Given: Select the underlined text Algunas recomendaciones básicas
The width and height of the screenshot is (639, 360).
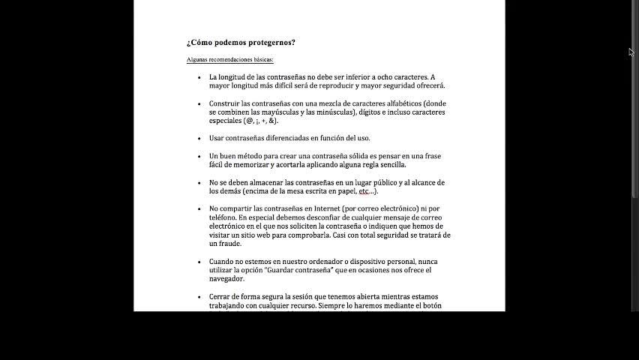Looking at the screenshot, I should (230, 59).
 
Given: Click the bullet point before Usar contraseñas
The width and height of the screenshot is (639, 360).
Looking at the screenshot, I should (199, 138).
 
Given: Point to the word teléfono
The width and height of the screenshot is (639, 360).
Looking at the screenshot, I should (223, 217).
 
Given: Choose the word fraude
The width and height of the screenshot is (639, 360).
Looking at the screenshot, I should (229, 244).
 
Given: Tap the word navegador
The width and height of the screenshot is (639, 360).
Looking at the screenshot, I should (226, 279).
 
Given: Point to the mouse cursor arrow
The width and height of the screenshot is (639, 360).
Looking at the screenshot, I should (631, 52).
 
